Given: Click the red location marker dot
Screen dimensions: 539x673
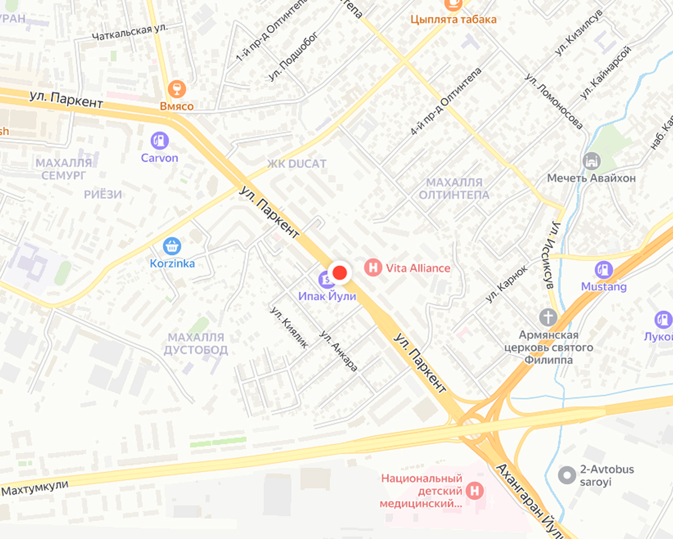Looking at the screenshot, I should pyautogui.click(x=340, y=273).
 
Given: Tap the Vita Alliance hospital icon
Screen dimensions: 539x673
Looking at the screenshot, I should pyautogui.click(x=373, y=268).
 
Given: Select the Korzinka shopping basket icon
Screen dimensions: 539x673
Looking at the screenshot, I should pyautogui.click(x=172, y=246).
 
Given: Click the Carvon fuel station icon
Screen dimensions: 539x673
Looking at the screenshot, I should pyautogui.click(x=159, y=141).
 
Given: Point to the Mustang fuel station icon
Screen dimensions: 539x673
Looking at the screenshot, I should pyautogui.click(x=603, y=269).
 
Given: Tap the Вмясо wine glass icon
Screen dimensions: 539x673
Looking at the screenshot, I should pyautogui.click(x=177, y=89).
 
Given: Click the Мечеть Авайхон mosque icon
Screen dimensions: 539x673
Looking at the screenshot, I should pyautogui.click(x=591, y=161).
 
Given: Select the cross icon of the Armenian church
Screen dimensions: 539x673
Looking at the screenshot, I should pyautogui.click(x=548, y=318).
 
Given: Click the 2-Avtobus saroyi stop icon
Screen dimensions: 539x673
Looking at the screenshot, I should pyautogui.click(x=567, y=475).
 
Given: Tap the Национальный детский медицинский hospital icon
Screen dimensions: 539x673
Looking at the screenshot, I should pyautogui.click(x=474, y=491).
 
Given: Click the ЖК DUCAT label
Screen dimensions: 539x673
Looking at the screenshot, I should pyautogui.click(x=296, y=164).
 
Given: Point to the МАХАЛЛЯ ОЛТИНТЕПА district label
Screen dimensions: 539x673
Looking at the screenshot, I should pyautogui.click(x=454, y=189).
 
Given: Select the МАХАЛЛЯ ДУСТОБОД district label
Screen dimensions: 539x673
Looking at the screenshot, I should pyautogui.click(x=196, y=343).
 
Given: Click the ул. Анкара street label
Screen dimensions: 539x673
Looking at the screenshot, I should pyautogui.click(x=338, y=351).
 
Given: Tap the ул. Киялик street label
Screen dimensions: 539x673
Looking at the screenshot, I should pyautogui.click(x=289, y=328).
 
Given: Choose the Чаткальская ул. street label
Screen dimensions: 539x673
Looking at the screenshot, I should pyautogui.click(x=130, y=32).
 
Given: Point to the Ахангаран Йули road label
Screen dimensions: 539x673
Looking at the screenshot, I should pyautogui.click(x=529, y=500).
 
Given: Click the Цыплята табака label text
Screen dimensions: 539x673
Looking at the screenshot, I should pyautogui.click(x=453, y=19).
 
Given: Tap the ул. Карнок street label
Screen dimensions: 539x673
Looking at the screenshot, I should pyautogui.click(x=506, y=284).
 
